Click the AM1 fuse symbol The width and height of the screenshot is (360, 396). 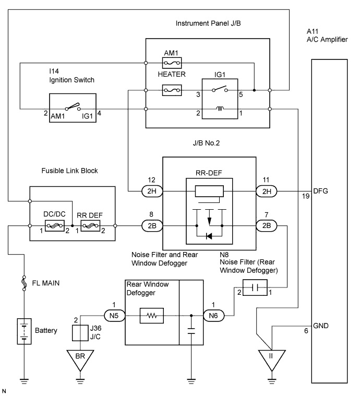[172, 63]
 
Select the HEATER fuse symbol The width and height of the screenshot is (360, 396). [172, 90]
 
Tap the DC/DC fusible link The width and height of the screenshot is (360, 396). [55, 226]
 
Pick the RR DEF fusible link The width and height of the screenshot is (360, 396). [90, 226]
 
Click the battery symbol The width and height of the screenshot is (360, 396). [24, 331]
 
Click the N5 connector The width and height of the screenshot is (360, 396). [114, 316]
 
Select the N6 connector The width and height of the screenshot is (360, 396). [214, 316]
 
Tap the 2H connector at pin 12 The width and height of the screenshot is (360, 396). [152, 191]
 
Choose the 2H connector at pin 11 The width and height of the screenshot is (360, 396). [267, 191]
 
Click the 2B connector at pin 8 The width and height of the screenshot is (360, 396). [152, 225]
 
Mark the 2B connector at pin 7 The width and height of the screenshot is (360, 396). [267, 225]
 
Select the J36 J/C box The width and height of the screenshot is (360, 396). [80, 333]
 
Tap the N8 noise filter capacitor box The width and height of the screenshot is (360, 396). [255, 287]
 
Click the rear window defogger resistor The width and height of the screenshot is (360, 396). [152, 316]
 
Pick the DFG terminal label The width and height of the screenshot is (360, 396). [320, 191]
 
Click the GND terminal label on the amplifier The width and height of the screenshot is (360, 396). [321, 326]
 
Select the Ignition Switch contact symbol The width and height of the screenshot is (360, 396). [73, 107]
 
